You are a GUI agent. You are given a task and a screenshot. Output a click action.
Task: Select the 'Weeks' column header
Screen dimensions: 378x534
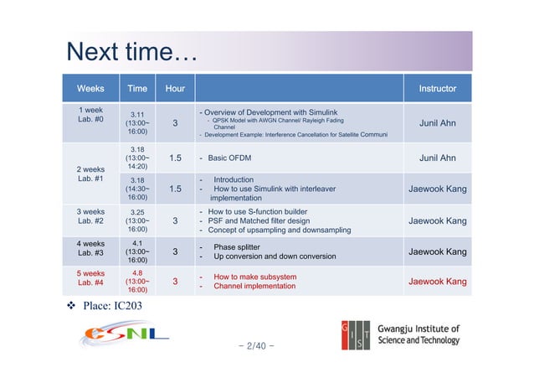(x=90, y=88)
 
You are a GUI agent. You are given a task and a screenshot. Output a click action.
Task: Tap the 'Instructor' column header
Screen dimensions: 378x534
(x=437, y=88)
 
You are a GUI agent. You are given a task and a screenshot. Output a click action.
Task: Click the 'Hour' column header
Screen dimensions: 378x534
(x=175, y=88)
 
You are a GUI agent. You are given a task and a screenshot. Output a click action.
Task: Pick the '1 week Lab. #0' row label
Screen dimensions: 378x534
(x=90, y=116)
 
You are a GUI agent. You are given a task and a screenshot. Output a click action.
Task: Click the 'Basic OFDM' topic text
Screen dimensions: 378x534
(x=231, y=158)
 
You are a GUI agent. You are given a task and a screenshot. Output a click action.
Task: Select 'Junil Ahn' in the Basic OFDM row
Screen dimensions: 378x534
(x=437, y=158)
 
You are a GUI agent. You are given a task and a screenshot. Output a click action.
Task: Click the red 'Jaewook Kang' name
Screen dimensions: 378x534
(x=437, y=282)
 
